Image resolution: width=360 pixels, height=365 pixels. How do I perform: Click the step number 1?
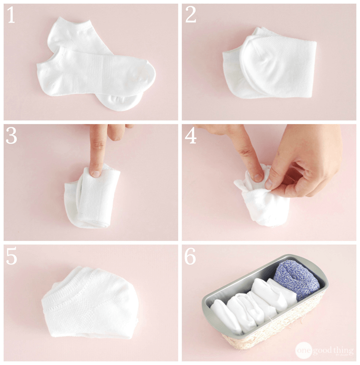coord(11,16)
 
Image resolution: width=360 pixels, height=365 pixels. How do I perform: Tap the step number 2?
coord(190,16)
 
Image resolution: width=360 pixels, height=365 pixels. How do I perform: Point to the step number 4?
coord(190,137)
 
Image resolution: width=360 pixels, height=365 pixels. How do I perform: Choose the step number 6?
coord(190,257)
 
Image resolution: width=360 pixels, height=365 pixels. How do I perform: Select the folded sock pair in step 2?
coord(271,65)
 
